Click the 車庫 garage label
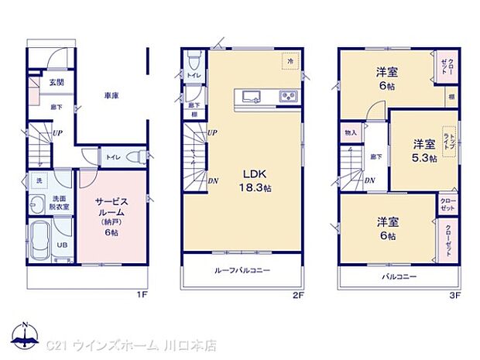pyautogui.click(x=111, y=95)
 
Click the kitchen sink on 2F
pyautogui.click(x=253, y=96)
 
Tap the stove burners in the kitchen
pyautogui.click(x=287, y=96)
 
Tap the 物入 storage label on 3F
pyautogui.click(x=351, y=132)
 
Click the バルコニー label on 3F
pyautogui.click(x=398, y=276)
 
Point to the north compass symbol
pyautogui.click(x=25, y=336)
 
